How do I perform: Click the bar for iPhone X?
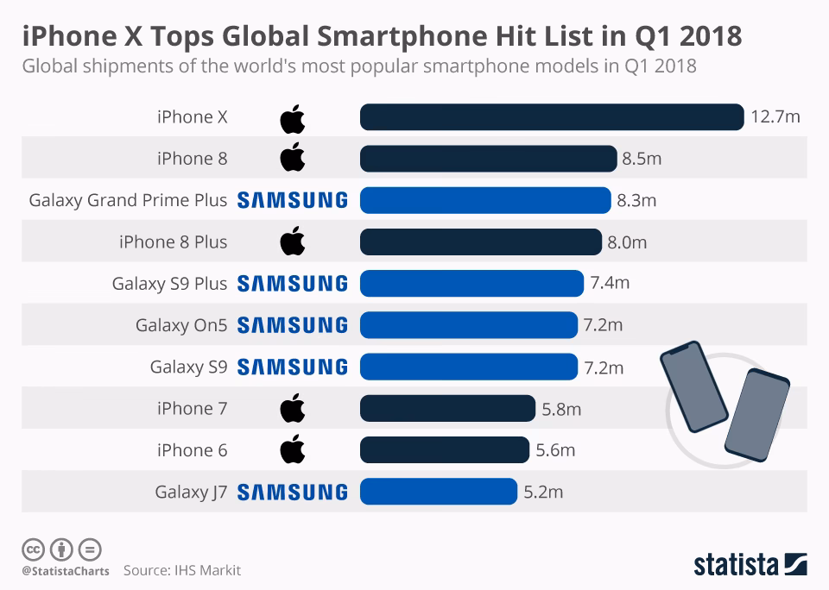tap(551, 117)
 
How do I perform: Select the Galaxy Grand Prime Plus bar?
tap(485, 200)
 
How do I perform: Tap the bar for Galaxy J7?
tap(438, 492)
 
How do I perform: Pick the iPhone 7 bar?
tap(447, 409)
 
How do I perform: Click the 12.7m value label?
tap(775, 117)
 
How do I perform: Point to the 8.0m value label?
tap(627, 242)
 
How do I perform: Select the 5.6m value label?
tap(555, 450)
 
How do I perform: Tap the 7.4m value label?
tap(610, 284)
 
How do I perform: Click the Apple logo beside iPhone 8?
tap(293, 159)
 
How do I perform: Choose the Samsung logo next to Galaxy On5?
tap(292, 325)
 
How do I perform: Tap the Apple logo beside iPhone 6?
tap(293, 449)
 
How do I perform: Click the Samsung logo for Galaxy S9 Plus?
tap(292, 284)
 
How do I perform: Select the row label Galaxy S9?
tap(188, 367)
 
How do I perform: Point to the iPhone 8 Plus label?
tap(173, 242)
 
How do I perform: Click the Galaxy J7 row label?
tap(191, 493)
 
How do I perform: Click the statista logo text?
tap(736, 565)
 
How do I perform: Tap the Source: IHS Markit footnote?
tap(182, 570)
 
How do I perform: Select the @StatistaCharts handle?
tap(66, 571)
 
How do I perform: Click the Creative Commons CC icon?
tap(33, 549)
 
